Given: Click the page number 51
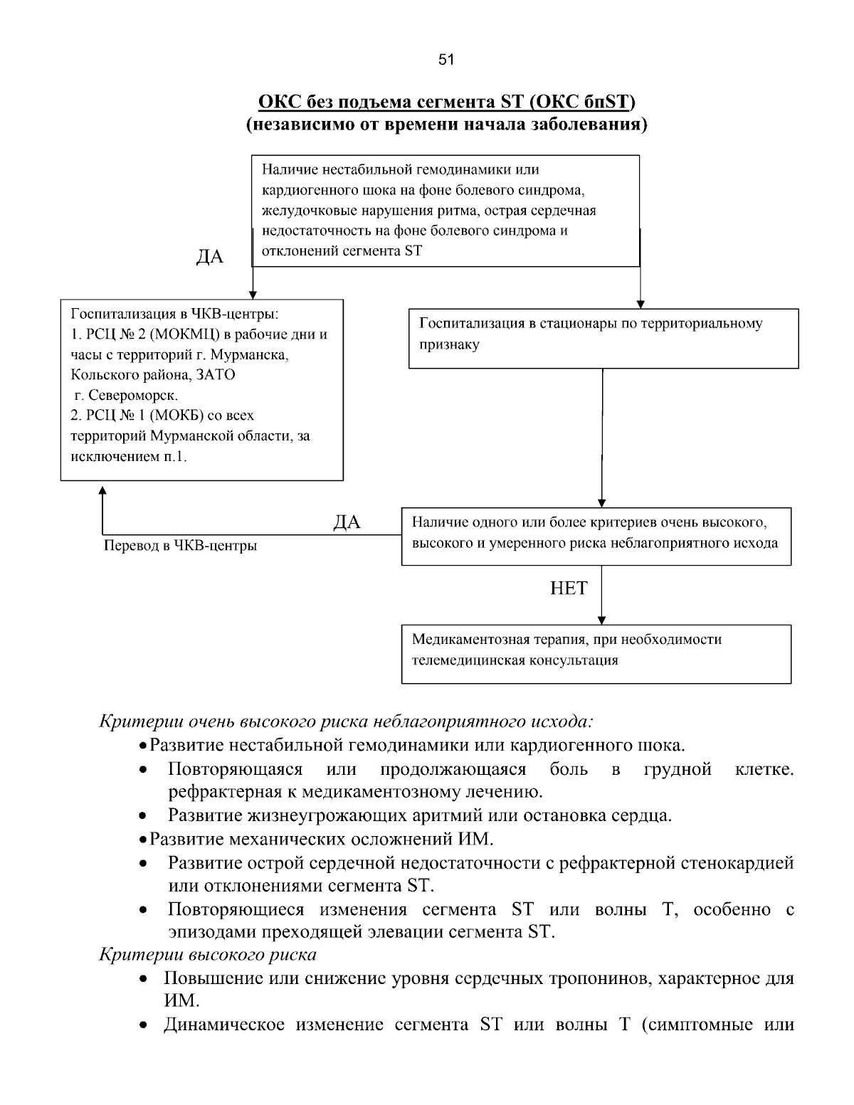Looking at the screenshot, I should click(446, 60).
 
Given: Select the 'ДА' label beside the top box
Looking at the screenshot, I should click(209, 257).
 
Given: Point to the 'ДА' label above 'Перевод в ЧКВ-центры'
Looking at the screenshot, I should click(347, 523).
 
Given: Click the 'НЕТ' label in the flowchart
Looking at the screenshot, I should click(569, 588).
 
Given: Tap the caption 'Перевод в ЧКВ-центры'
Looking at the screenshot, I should click(180, 546).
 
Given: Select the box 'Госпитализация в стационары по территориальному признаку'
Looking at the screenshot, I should click(603, 337).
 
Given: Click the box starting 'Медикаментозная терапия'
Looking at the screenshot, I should click(596, 653).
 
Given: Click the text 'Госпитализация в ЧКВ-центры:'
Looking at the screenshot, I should click(174, 314).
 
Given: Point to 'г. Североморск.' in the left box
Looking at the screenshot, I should click(126, 395).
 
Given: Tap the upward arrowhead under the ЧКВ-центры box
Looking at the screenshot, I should click(102, 491).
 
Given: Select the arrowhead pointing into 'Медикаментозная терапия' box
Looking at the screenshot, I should click(602, 620).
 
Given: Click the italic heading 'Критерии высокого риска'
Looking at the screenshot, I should click(207, 954).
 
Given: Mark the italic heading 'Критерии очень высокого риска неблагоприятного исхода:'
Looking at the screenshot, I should click(345, 721).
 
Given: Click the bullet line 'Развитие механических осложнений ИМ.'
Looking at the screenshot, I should click(321, 839).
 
